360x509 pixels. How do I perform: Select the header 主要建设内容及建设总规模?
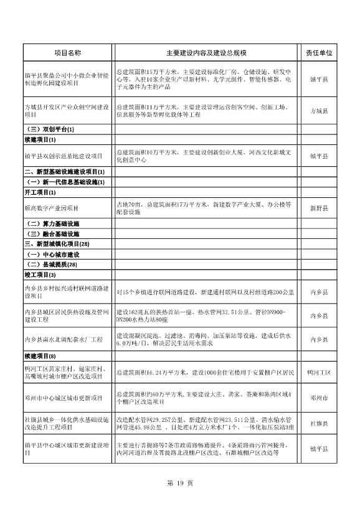pyautogui.click(x=206, y=54)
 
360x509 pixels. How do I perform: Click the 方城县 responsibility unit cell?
pyautogui.click(x=319, y=110)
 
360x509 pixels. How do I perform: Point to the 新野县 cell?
pyautogui.click(x=319, y=208)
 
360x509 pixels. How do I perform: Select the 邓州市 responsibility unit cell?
pyautogui.click(x=319, y=398)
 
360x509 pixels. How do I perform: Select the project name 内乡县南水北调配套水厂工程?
pyautogui.click(x=63, y=339)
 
